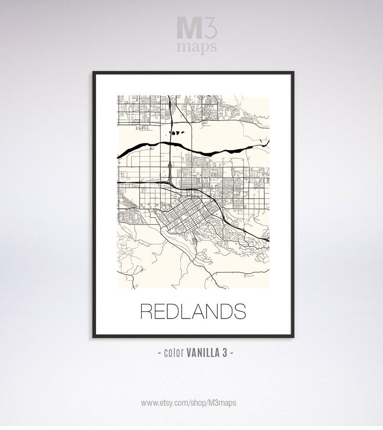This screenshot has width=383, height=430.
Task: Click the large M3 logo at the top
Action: click(x=196, y=28)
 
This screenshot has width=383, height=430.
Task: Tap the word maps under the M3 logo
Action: click(x=196, y=47)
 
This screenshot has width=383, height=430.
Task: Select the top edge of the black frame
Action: click(x=193, y=72)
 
